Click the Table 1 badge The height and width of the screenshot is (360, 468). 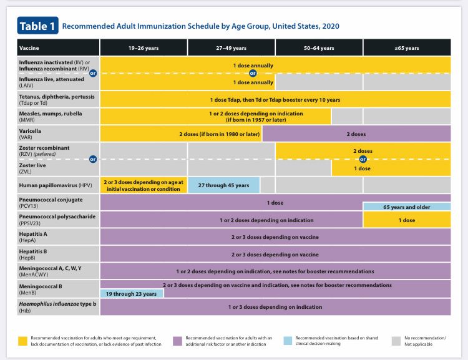pos(37,26)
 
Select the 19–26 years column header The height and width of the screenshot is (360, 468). pos(144,48)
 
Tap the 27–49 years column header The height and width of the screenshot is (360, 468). pos(231,48)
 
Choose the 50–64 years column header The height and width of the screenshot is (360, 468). pos(319,48)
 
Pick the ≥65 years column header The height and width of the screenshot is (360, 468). pos(406,48)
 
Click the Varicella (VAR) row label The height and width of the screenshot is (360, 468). pos(58,133)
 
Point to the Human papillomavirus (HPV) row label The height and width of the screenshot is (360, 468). pos(58,185)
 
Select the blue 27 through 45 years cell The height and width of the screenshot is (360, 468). pos(223,185)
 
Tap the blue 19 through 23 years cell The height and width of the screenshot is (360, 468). pos(132,293)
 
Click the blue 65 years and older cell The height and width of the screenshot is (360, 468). pos(406,207)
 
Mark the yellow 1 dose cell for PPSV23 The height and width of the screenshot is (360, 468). pos(406,220)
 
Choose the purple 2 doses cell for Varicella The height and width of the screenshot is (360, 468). pos(356,133)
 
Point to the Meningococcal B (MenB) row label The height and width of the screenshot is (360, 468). pos(58,288)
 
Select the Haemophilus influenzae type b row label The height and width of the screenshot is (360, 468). pos(58,306)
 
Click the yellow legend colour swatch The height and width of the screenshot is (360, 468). pos(22,339)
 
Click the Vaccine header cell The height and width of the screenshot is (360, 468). pos(58,48)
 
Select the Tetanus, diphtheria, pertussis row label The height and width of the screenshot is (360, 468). pos(58,99)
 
